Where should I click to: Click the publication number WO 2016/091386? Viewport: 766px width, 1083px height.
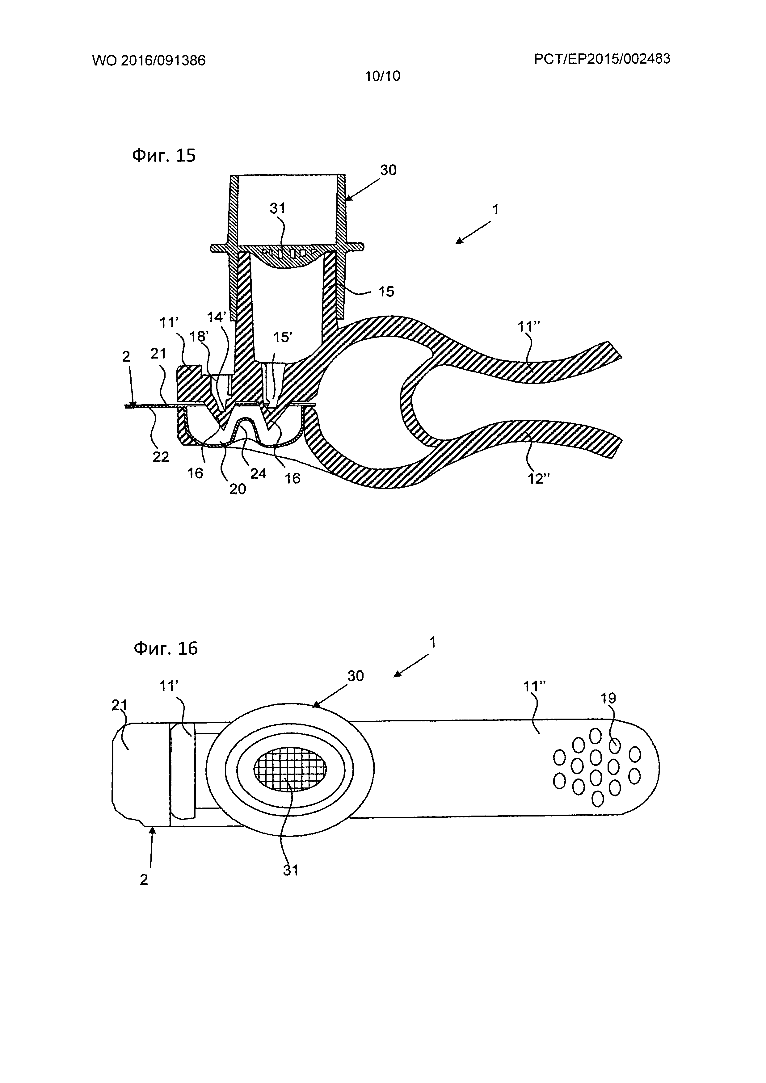[149, 61]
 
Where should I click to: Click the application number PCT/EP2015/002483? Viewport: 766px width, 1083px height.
[602, 59]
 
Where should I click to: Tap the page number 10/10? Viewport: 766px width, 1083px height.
[382, 76]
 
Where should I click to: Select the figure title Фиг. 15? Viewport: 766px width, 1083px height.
[164, 155]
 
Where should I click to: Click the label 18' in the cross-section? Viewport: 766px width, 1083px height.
[199, 336]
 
